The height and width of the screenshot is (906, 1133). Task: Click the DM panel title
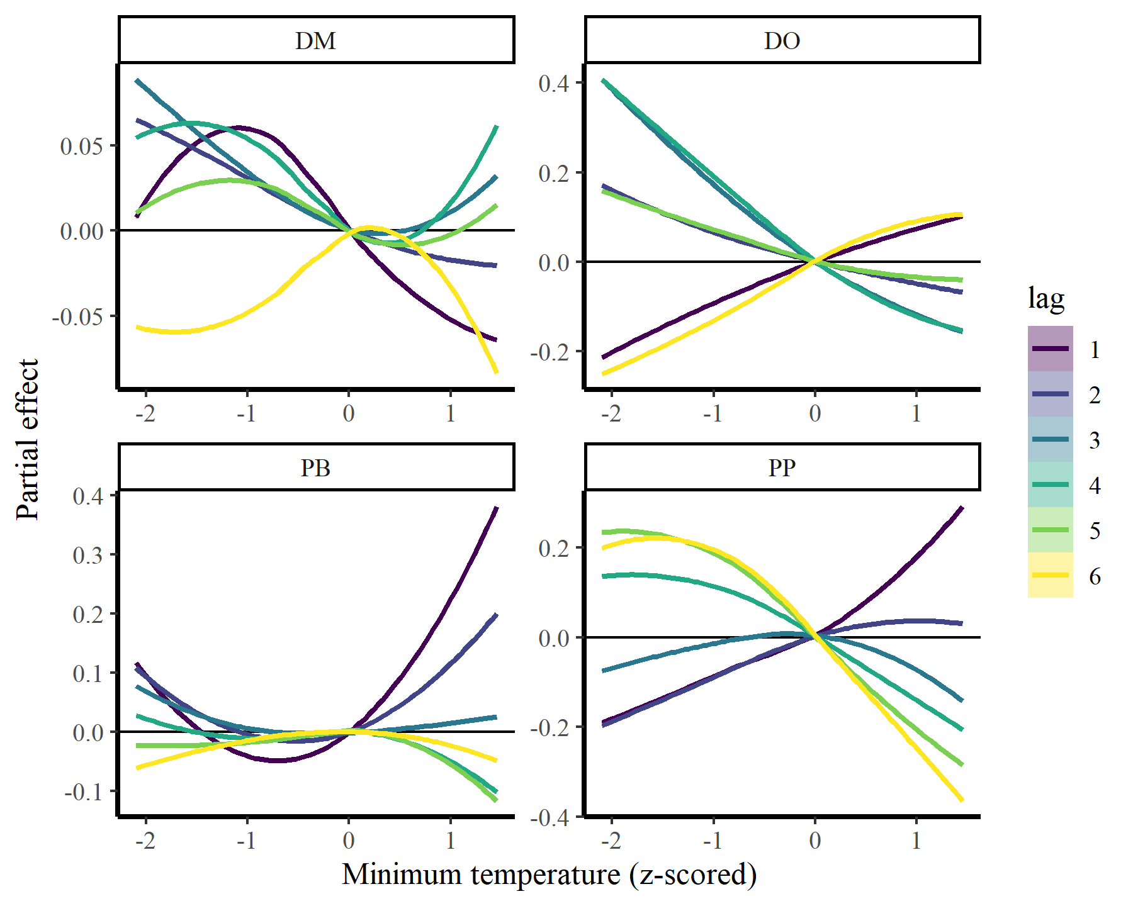[x=316, y=41]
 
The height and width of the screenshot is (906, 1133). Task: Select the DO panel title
[x=782, y=41]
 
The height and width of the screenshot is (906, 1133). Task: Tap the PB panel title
[x=316, y=467]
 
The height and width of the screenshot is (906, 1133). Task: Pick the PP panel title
[x=782, y=467]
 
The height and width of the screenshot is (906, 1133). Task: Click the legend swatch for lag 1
[x=1050, y=349]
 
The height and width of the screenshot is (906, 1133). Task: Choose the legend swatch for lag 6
[x=1050, y=575]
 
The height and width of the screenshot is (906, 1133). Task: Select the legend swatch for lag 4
[x=1050, y=484]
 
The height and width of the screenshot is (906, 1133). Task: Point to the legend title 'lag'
[x=1046, y=298]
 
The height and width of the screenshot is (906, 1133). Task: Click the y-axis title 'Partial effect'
[x=28, y=439]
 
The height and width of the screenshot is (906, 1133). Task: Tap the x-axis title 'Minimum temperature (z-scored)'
[x=549, y=875]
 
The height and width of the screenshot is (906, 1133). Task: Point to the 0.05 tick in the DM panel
[x=81, y=146]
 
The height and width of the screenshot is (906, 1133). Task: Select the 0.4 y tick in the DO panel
[x=554, y=83]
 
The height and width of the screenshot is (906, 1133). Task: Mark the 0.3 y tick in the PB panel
[x=87, y=555]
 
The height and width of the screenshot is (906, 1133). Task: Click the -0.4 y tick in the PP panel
[x=550, y=818]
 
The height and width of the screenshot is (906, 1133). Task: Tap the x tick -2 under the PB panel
[x=145, y=840]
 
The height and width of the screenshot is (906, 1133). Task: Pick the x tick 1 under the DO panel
[x=916, y=413]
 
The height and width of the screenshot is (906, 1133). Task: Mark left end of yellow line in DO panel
[x=603, y=374]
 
